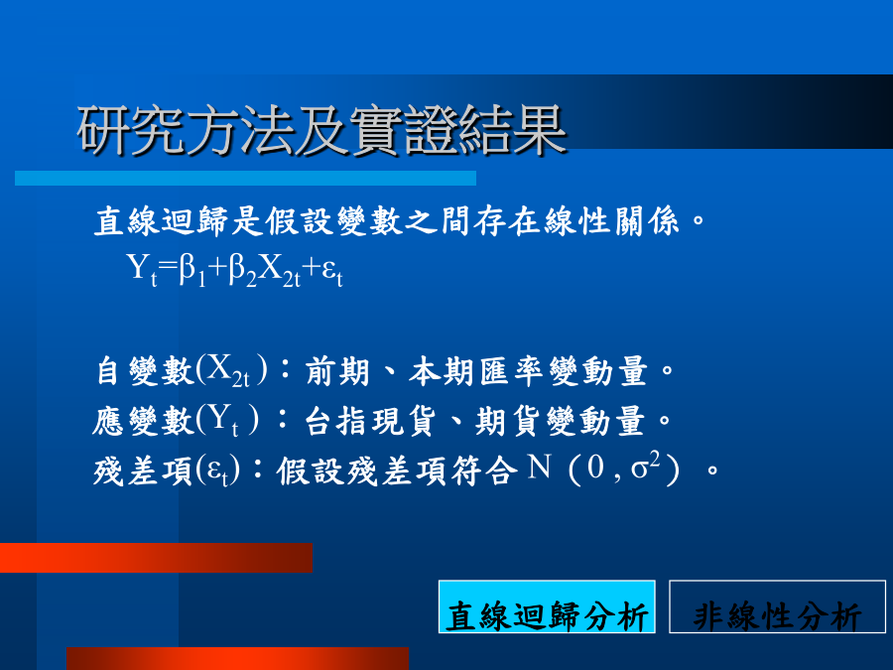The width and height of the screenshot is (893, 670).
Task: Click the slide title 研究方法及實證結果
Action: click(x=322, y=131)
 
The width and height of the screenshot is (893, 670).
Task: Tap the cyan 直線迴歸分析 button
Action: click(x=547, y=606)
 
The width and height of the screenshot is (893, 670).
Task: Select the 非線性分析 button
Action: click(x=777, y=606)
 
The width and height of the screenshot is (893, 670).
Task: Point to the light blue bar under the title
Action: click(x=245, y=178)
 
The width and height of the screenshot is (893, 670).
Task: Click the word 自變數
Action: click(x=145, y=371)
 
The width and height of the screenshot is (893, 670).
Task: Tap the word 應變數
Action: click(x=144, y=422)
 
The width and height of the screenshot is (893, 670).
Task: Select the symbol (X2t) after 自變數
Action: click(x=231, y=370)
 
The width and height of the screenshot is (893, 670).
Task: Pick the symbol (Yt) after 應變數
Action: click(x=227, y=421)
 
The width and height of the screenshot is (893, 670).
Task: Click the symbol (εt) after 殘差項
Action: click(x=217, y=471)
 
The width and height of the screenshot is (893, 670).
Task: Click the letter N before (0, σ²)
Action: click(x=539, y=468)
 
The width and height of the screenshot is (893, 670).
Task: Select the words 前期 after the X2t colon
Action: click(x=337, y=371)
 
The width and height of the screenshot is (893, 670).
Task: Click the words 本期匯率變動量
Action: click(x=528, y=371)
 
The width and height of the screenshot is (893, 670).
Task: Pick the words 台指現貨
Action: click(x=370, y=422)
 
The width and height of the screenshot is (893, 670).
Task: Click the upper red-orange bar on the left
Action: click(x=156, y=558)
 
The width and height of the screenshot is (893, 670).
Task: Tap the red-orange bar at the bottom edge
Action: click(x=237, y=659)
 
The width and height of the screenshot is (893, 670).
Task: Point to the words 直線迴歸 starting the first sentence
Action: click(x=161, y=221)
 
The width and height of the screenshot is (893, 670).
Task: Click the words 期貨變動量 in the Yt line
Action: click(x=560, y=422)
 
